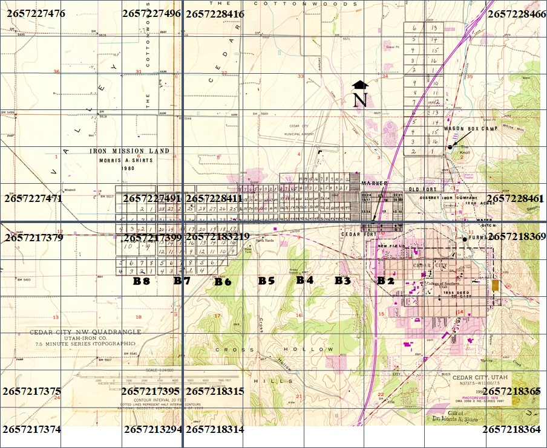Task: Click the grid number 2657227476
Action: point(36,13)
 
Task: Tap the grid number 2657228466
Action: point(516,14)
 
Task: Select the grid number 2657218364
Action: point(511,429)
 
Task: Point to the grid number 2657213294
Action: point(153,430)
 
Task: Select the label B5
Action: point(266,281)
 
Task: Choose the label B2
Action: point(385,281)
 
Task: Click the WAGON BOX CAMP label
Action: point(471,129)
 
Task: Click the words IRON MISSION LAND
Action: point(129,151)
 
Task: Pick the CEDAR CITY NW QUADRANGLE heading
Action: point(85,332)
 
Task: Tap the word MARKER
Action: point(373,182)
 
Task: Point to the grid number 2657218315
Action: point(215,392)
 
